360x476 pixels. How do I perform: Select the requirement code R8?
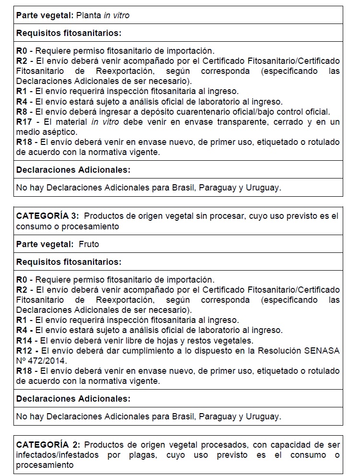pyautogui.click(x=22, y=112)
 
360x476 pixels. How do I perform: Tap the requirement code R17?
pyautogui.click(x=24, y=122)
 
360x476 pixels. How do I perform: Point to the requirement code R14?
pyautogui.click(x=24, y=341)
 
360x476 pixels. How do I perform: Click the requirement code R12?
pyautogui.click(x=24, y=351)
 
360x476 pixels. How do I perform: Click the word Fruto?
pyautogui.click(x=89, y=244)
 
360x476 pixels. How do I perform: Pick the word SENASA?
pyautogui.click(x=322, y=351)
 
